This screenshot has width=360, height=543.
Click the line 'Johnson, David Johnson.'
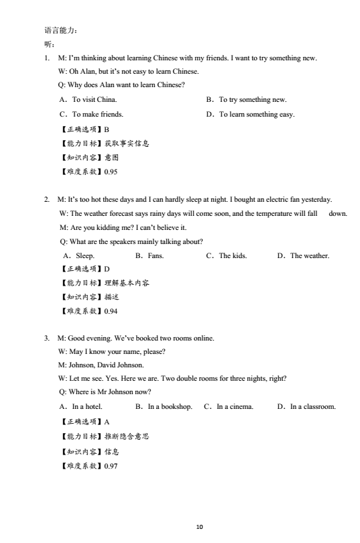[x=101, y=365]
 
